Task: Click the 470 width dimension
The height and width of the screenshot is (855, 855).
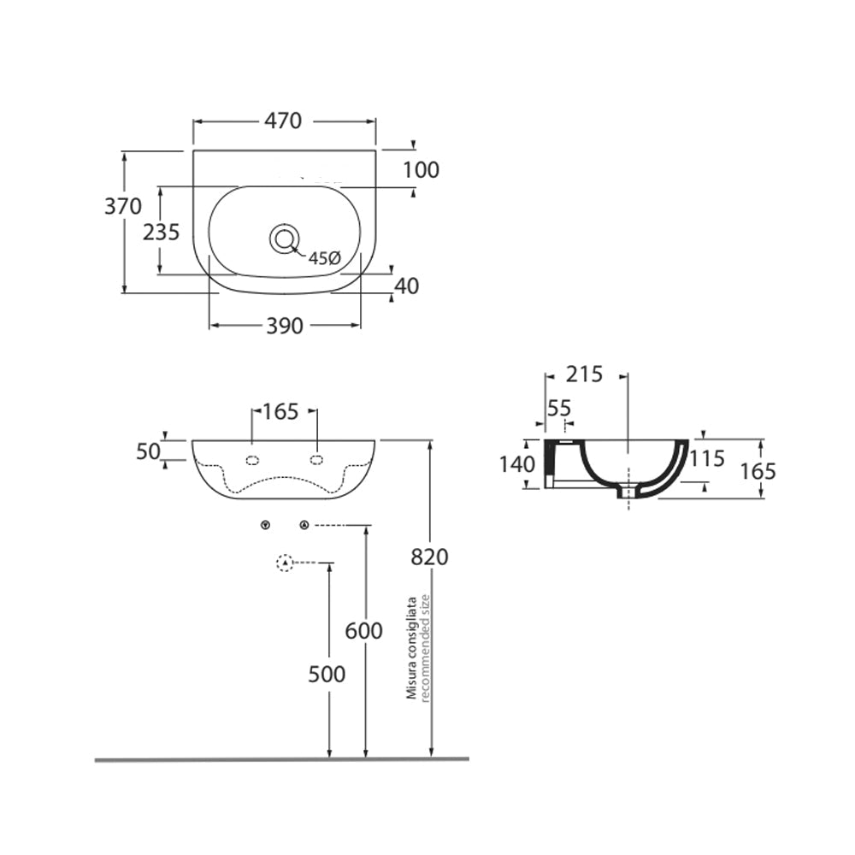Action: tap(283, 121)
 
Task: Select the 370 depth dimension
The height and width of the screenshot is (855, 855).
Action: tap(123, 206)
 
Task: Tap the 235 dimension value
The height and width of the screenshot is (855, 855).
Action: tap(161, 231)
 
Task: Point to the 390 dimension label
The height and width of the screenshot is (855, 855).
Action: tap(285, 326)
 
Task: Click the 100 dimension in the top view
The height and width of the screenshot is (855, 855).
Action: tap(421, 170)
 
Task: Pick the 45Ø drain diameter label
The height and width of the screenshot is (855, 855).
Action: tap(324, 258)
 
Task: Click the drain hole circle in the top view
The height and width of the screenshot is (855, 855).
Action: tap(284, 239)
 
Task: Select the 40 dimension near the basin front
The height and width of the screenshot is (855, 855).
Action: tap(407, 286)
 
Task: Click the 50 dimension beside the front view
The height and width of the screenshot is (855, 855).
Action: tap(148, 451)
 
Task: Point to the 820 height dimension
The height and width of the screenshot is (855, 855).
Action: tap(429, 557)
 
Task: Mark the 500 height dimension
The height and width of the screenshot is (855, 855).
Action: tap(327, 675)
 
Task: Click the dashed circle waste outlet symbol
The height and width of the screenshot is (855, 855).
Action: tap(285, 563)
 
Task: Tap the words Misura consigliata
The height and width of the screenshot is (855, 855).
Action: tap(412, 648)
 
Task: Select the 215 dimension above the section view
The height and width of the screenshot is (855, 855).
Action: tap(585, 374)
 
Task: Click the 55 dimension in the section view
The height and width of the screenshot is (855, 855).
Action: tap(558, 409)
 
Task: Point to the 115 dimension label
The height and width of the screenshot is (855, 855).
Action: tap(708, 459)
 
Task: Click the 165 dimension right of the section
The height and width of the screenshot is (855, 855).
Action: tap(759, 471)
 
